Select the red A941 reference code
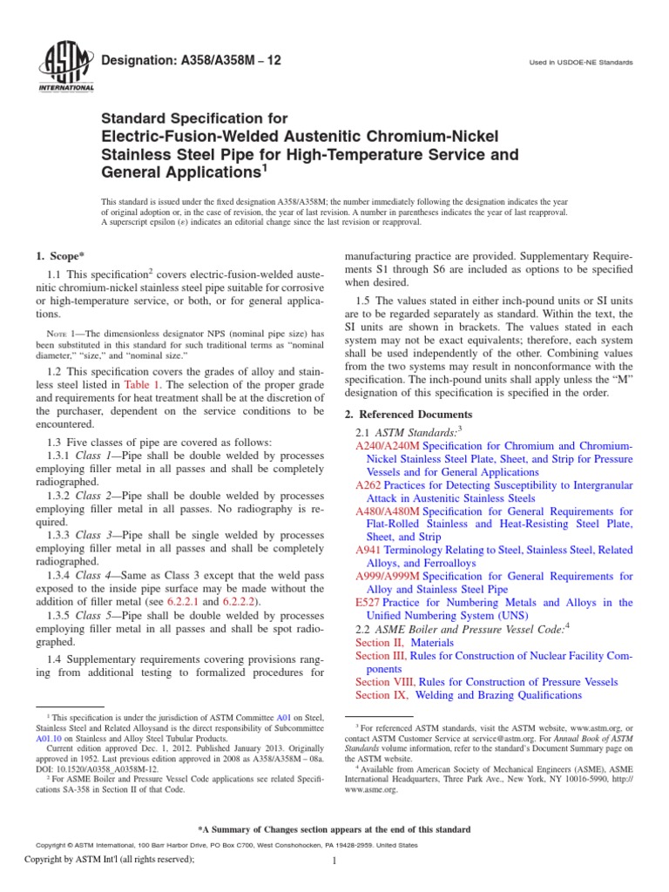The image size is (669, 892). pyautogui.click(x=369, y=550)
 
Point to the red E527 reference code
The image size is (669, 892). pyautogui.click(x=369, y=603)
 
